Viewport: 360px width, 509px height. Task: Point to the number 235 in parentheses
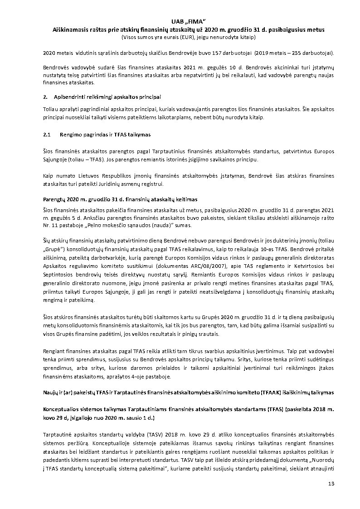[x=286, y=53]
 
